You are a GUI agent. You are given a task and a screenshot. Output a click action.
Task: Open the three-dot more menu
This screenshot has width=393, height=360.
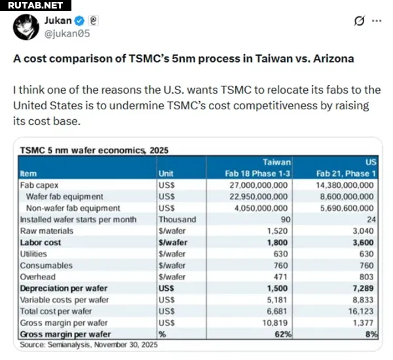tap(377, 21)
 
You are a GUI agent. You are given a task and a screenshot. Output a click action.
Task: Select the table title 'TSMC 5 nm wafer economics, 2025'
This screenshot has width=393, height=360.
tap(94, 150)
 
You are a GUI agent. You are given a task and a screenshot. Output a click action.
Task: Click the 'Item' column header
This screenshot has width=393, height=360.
tap(29, 173)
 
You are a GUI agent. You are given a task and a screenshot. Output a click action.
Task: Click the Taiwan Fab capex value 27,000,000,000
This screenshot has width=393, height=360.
tap(254, 185)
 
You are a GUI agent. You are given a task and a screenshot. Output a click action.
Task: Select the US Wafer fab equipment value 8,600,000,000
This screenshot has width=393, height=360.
tap(346, 196)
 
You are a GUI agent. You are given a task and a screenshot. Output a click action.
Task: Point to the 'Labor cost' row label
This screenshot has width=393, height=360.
tap(41, 242)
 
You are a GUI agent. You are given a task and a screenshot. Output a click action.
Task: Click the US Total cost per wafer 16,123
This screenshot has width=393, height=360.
tap(358, 311)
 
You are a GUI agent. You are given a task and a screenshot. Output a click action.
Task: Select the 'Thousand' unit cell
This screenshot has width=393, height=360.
tap(177, 219)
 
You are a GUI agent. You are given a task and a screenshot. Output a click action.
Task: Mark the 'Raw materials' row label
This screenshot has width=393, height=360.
tap(45, 230)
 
